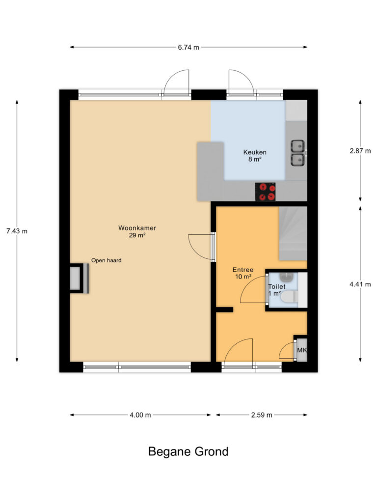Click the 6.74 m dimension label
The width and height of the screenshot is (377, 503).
tap(188, 47)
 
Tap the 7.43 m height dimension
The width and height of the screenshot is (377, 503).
tap(17, 231)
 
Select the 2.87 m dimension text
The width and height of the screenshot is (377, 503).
tap(360, 151)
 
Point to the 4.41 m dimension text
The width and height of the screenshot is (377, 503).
tap(360, 284)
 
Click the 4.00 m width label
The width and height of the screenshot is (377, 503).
tap(140, 415)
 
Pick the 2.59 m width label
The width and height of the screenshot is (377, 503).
tap(262, 415)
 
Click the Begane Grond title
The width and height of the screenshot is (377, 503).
tap(188, 451)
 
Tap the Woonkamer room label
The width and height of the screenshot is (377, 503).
tap(137, 228)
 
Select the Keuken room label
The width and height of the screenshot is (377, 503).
tap(255, 152)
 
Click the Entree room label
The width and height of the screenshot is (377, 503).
tap(243, 270)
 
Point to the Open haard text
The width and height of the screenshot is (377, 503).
tap(107, 260)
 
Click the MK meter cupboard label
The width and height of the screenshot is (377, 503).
tap(302, 350)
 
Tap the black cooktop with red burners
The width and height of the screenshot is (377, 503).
tap(265, 192)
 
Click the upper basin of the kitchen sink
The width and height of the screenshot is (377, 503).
tap(298, 146)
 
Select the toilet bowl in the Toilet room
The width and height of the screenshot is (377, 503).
tap(289, 296)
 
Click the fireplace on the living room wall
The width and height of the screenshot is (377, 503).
tap(79, 278)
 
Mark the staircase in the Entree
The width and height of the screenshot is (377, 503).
tap(293, 233)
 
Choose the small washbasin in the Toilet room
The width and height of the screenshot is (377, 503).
tap(286, 276)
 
